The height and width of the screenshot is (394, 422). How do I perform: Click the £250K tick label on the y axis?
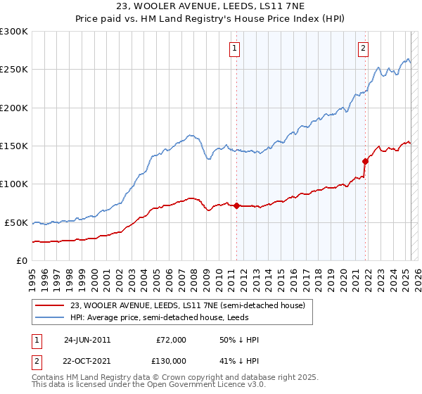tap(14, 70)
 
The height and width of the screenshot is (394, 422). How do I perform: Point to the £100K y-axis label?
tap(14, 184)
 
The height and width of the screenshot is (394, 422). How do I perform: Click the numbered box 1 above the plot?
tap(234, 49)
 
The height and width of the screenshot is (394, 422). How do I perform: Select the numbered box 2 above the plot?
tap(363, 49)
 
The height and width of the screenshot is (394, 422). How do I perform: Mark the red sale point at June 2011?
tap(236, 205)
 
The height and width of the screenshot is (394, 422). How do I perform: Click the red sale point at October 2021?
tap(366, 161)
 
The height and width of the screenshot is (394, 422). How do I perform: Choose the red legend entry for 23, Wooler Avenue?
tap(187, 306)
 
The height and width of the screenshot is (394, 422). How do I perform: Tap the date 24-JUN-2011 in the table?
tap(87, 340)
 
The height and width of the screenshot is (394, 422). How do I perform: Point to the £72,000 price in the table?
tap(170, 340)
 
